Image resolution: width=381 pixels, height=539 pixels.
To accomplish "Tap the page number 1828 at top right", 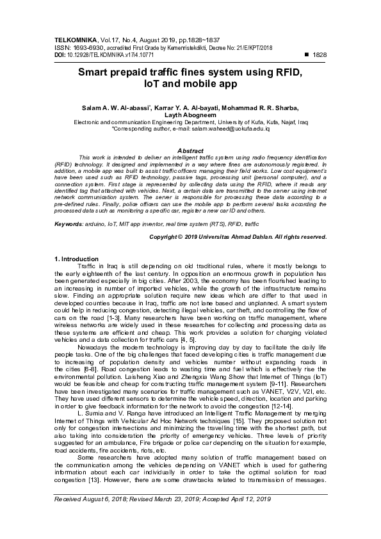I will (319, 56).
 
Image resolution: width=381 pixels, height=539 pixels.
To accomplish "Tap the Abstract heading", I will (190, 150).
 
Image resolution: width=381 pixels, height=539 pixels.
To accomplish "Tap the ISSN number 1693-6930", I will (81, 47).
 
